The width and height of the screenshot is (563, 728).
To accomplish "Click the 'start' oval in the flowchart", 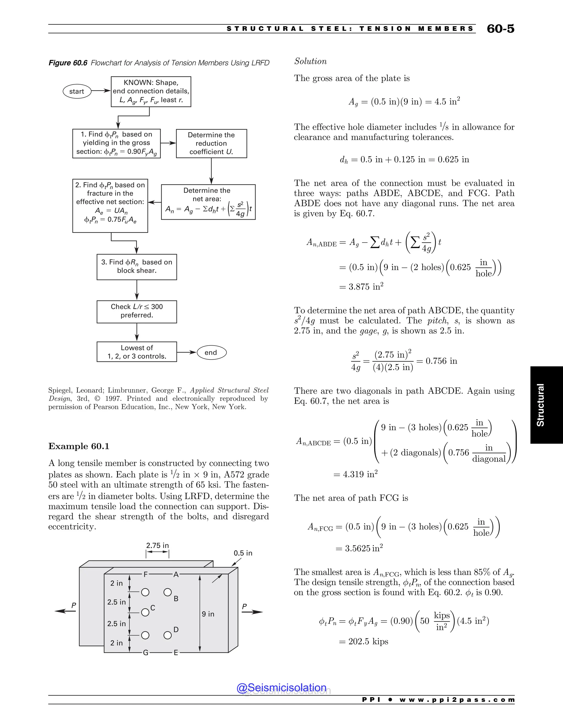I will tap(77, 91).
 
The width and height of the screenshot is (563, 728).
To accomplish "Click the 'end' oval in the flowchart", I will tap(211, 353).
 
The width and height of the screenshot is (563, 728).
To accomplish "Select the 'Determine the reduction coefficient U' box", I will tap(211, 143).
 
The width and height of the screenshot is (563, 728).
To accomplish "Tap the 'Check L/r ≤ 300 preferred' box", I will tap(137, 311).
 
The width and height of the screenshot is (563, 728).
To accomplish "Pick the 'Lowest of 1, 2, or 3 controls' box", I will tap(137, 352).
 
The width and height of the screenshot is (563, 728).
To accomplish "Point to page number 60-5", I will tap(500, 29).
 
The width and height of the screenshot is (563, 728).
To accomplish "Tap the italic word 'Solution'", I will tap(310, 61).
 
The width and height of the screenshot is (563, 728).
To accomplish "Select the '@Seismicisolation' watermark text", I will tap(281, 688).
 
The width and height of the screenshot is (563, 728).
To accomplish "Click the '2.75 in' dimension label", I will tap(158, 546).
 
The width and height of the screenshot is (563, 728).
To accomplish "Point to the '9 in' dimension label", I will tap(208, 614).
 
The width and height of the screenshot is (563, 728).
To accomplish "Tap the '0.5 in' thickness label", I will tap(243, 553).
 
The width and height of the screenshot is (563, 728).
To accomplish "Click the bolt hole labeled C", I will tap(145, 612).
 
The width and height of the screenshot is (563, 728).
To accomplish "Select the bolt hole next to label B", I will tap(167, 592).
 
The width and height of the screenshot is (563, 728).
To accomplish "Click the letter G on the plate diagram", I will tap(146, 653).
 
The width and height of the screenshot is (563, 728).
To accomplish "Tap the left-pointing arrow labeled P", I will tap(65, 611).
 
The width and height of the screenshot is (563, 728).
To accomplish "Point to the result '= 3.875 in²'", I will tap(361, 287).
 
